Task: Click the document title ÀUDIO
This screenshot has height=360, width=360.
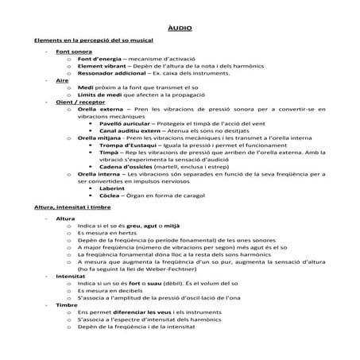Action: [x=179, y=28]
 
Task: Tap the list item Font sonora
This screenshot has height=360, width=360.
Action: [x=74, y=52]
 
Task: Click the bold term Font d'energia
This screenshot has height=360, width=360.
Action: [x=99, y=59]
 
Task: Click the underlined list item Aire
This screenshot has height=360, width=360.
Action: [x=63, y=80]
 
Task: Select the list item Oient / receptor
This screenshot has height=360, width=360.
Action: [x=79, y=102]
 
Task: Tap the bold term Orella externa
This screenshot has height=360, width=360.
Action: [x=101, y=109]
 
